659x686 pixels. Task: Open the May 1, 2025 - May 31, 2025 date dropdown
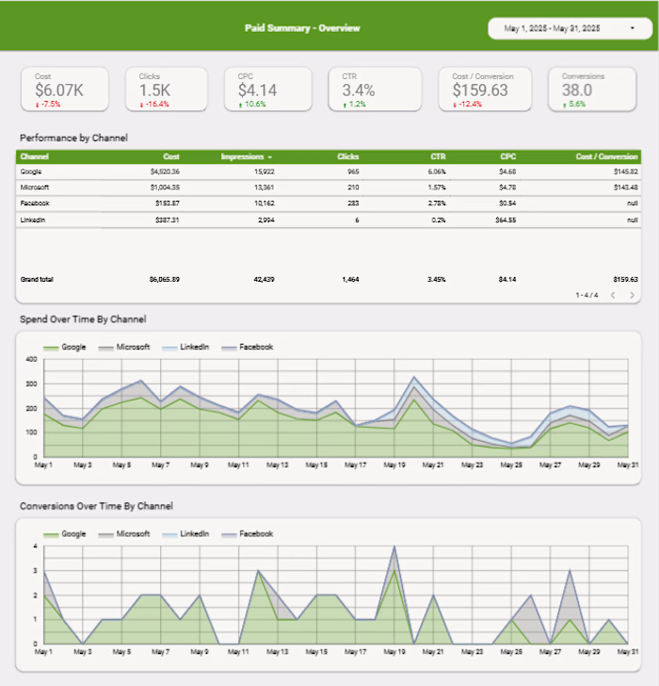570,29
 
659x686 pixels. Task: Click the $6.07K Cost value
59,90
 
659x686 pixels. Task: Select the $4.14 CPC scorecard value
257,90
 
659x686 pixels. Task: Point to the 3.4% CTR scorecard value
359,90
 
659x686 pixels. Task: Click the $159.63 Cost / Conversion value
480,90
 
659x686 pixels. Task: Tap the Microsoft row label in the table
36,188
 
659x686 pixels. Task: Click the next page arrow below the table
632,295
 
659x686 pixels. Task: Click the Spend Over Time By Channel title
83,319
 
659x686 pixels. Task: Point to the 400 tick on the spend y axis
30,360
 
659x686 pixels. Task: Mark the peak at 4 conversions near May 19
394,547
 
